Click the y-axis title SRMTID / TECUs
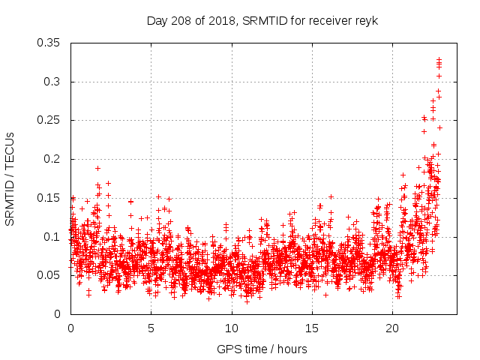10,178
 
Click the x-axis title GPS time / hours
262,349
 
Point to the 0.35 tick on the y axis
49,43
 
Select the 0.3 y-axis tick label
52,82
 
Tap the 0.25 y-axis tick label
49,120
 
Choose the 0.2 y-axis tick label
52,159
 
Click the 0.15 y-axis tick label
49,198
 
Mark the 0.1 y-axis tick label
52,236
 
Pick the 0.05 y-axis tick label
49,275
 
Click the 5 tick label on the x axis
151,328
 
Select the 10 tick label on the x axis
232,328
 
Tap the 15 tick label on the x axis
312,328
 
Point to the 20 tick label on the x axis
392,328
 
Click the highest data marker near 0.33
439,59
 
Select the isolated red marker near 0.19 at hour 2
98,168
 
